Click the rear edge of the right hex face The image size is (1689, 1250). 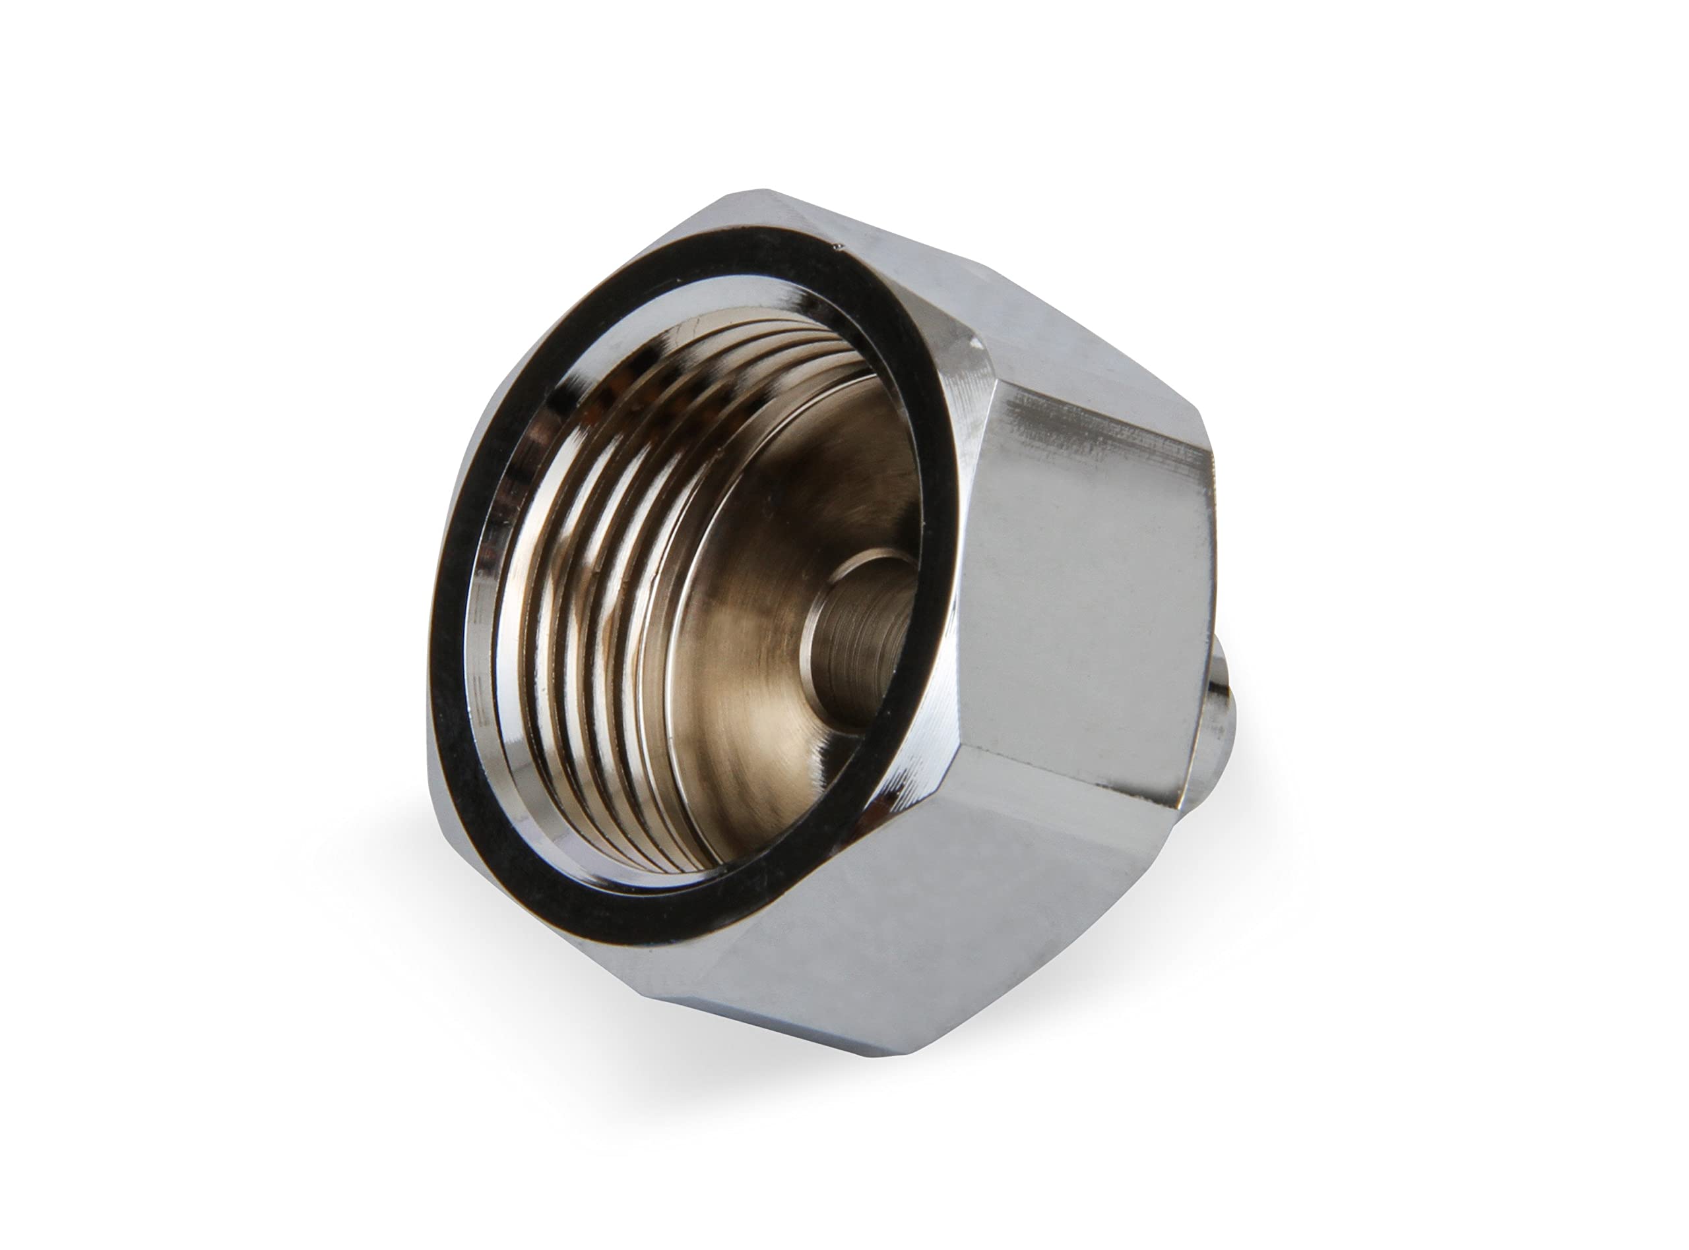click(1203, 605)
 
